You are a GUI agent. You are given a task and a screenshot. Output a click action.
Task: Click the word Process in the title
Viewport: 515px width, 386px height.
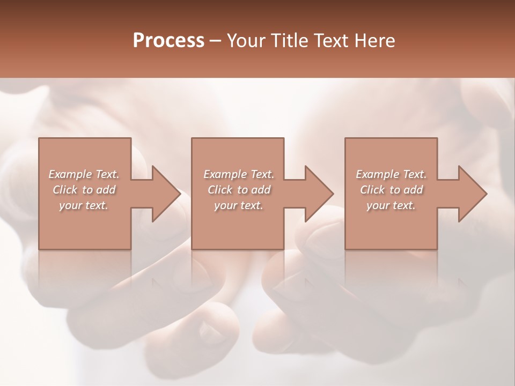(x=168, y=41)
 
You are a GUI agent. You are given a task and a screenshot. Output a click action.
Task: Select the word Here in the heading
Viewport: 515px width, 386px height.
(x=375, y=41)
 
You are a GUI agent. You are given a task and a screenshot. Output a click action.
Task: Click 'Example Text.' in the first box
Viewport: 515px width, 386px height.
(x=84, y=174)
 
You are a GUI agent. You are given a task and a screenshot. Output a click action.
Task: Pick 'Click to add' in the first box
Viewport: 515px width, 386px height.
(x=84, y=190)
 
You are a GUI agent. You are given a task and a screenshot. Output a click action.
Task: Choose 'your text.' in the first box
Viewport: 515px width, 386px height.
(x=84, y=205)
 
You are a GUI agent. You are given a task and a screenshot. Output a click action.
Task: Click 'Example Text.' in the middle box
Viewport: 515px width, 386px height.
(x=239, y=174)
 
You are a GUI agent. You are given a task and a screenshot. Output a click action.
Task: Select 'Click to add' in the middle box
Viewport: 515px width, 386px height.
(x=239, y=190)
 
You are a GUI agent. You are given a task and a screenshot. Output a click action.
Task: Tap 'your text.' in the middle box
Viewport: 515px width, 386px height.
(x=239, y=205)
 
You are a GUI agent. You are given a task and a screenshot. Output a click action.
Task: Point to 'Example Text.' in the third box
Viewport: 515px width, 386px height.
(x=391, y=174)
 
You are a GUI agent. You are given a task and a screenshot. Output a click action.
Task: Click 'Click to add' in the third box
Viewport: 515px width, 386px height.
(x=391, y=190)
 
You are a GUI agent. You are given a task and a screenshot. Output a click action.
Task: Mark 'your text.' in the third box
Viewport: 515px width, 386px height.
(x=391, y=205)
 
